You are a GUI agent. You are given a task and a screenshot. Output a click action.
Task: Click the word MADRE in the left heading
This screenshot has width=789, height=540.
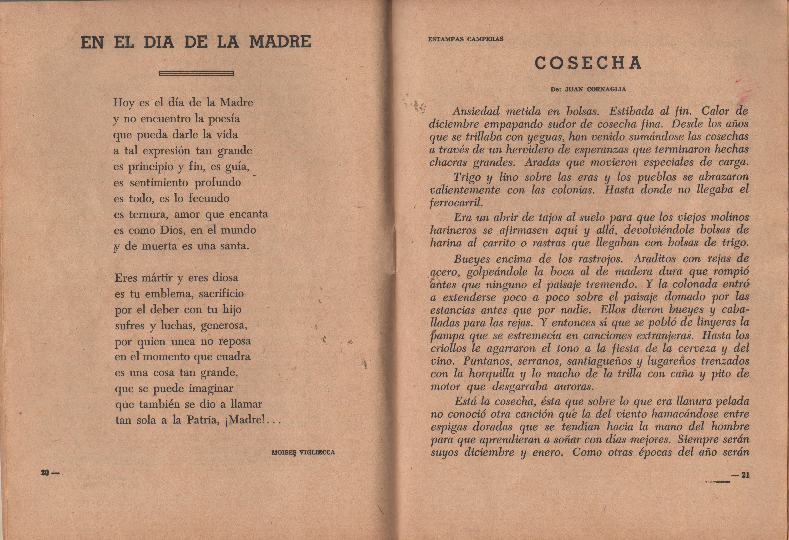280,42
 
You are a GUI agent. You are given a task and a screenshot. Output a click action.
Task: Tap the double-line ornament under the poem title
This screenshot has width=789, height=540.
196,73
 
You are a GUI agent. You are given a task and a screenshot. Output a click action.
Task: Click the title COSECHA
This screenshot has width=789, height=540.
588,63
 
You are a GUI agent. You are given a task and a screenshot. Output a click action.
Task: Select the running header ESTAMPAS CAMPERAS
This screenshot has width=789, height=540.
466,39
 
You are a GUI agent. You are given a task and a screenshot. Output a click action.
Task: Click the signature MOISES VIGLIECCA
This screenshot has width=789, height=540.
303,452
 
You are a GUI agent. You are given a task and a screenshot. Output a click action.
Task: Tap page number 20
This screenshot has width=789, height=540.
45,473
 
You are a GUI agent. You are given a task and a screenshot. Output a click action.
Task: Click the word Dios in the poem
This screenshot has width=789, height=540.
172,230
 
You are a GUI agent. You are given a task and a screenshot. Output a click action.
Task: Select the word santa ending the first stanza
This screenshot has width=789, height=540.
234,246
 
